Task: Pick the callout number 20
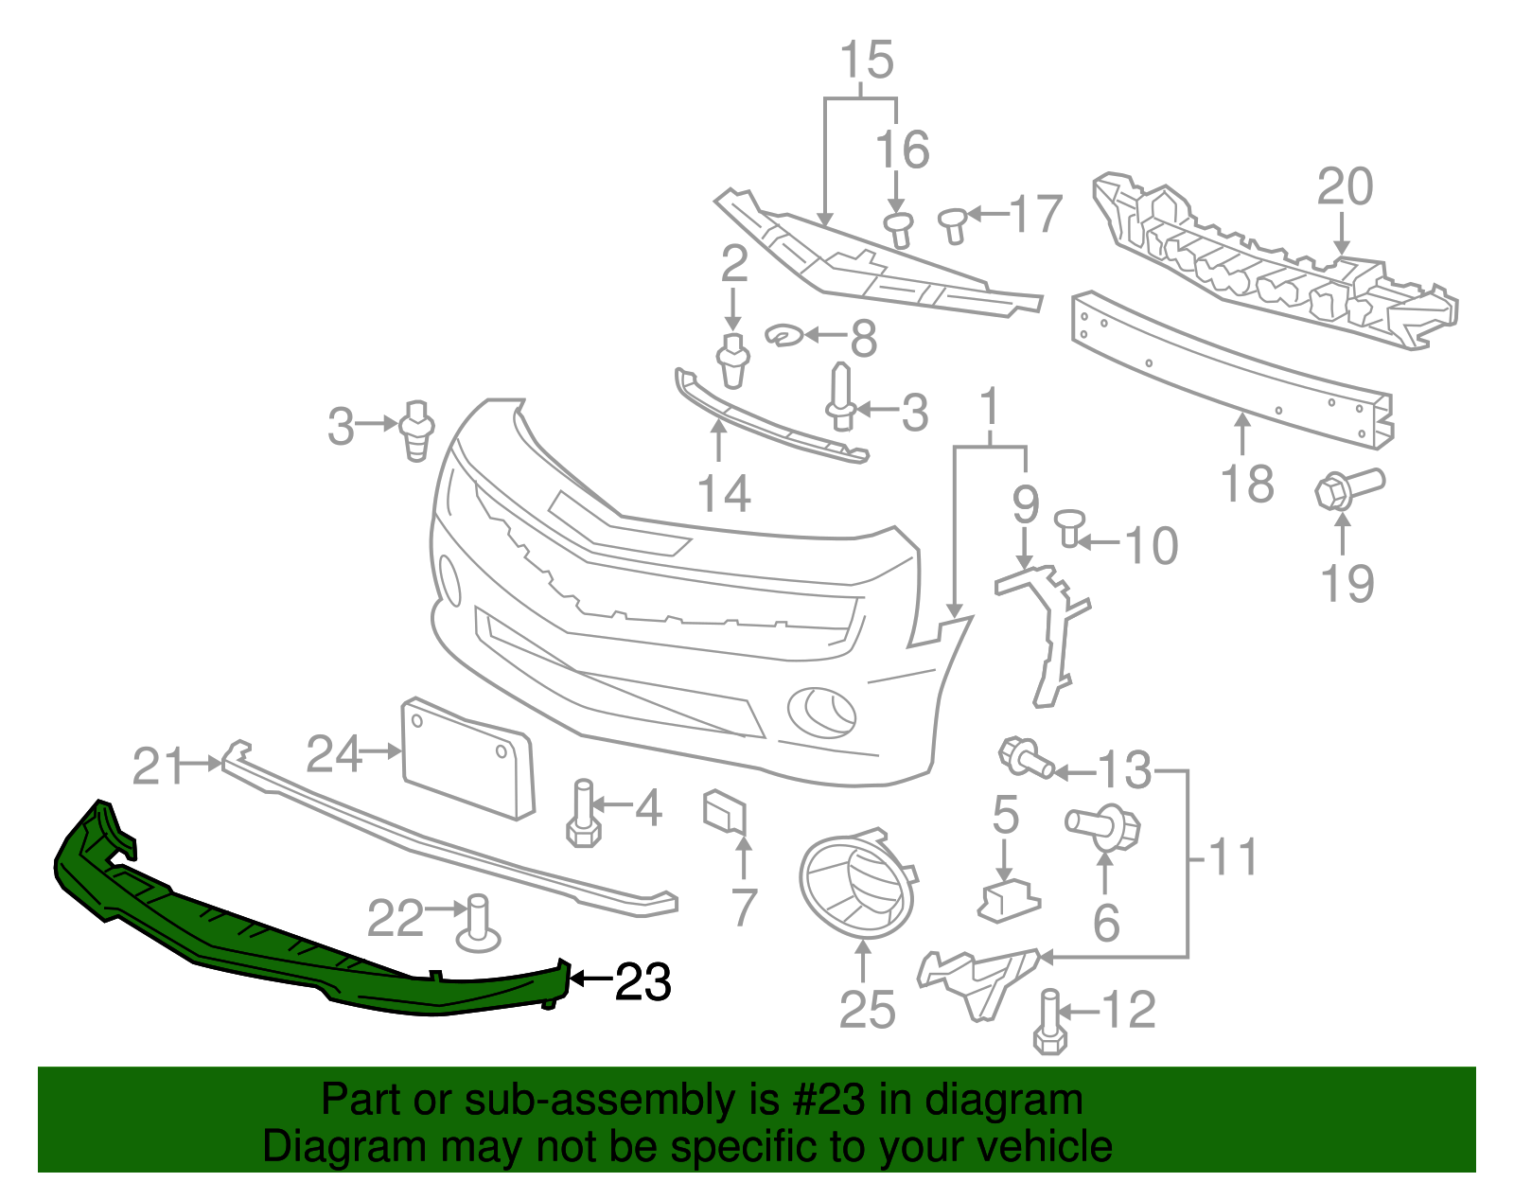coord(1345,186)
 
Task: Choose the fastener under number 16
coord(899,229)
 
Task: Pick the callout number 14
coord(724,494)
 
